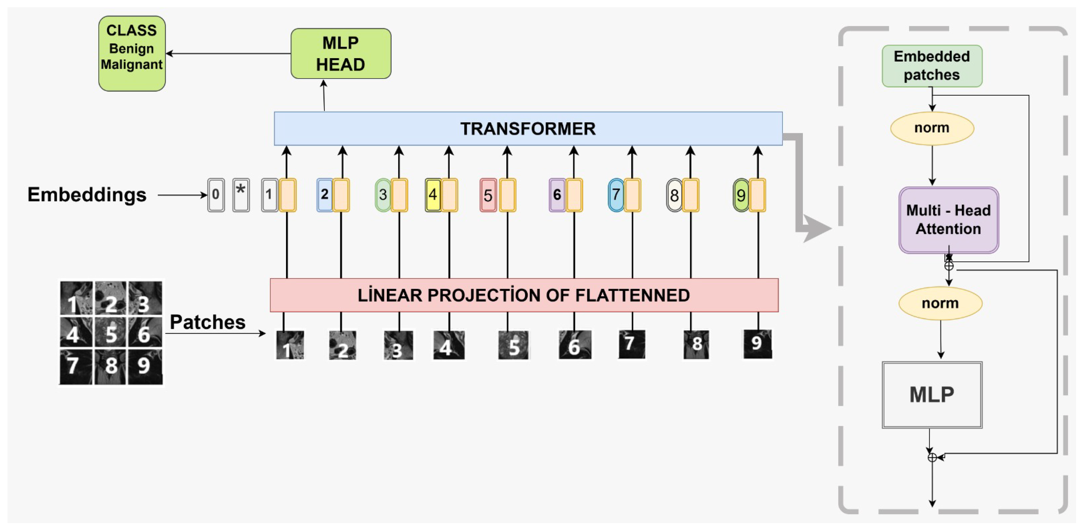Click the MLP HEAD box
point(341,54)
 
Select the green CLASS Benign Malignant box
point(132,54)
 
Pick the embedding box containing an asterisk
point(241,195)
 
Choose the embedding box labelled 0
point(216,195)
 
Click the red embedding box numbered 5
point(488,195)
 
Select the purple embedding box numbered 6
point(557,195)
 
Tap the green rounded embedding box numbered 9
point(741,195)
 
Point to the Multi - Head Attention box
point(948,220)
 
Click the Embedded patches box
point(932,66)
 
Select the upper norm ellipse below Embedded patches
point(932,128)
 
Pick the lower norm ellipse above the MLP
point(940,303)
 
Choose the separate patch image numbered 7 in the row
point(631,344)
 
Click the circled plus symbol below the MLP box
point(932,457)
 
